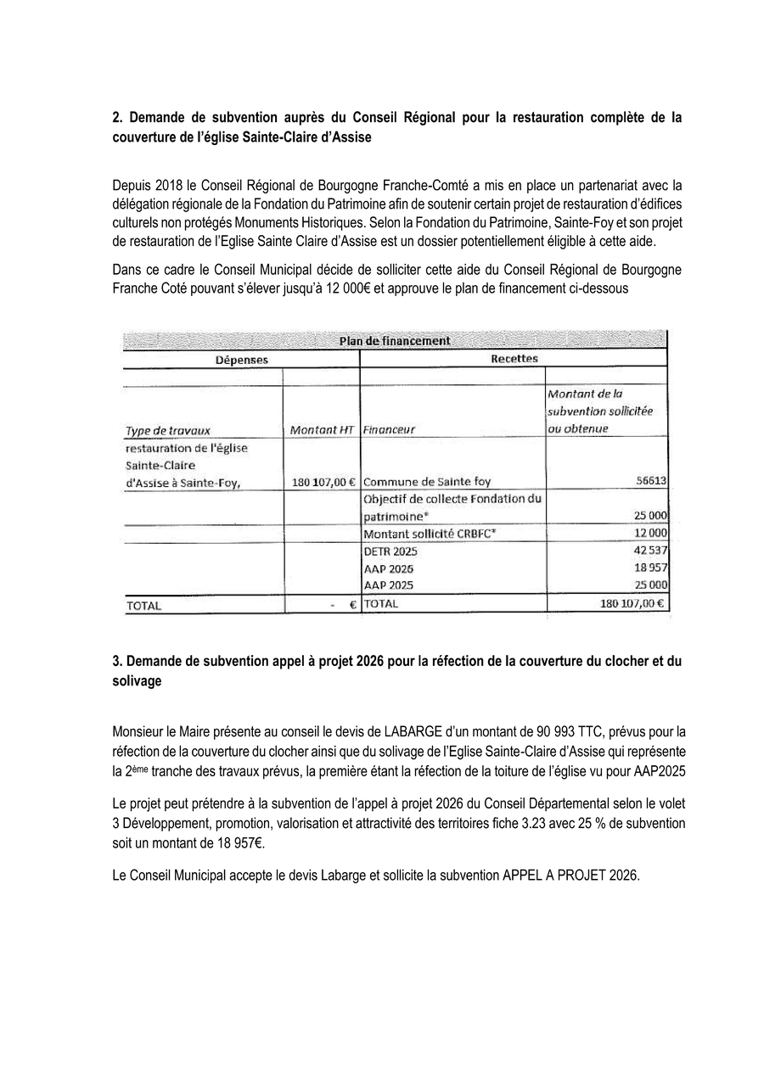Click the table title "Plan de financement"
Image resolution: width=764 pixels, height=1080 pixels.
point(395,341)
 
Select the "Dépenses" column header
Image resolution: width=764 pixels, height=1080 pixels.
point(241,360)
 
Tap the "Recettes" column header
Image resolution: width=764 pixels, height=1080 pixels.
point(514,359)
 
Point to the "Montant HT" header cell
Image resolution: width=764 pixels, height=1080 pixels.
point(321,429)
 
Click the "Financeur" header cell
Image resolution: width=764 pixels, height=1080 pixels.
point(389,429)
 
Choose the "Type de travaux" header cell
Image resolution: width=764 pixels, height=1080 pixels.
point(167,429)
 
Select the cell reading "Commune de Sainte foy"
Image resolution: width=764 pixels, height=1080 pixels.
point(426,482)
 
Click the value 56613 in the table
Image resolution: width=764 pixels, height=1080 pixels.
point(651,481)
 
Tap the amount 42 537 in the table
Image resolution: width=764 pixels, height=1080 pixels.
point(650,551)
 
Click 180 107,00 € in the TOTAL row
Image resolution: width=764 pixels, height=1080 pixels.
point(631,604)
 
